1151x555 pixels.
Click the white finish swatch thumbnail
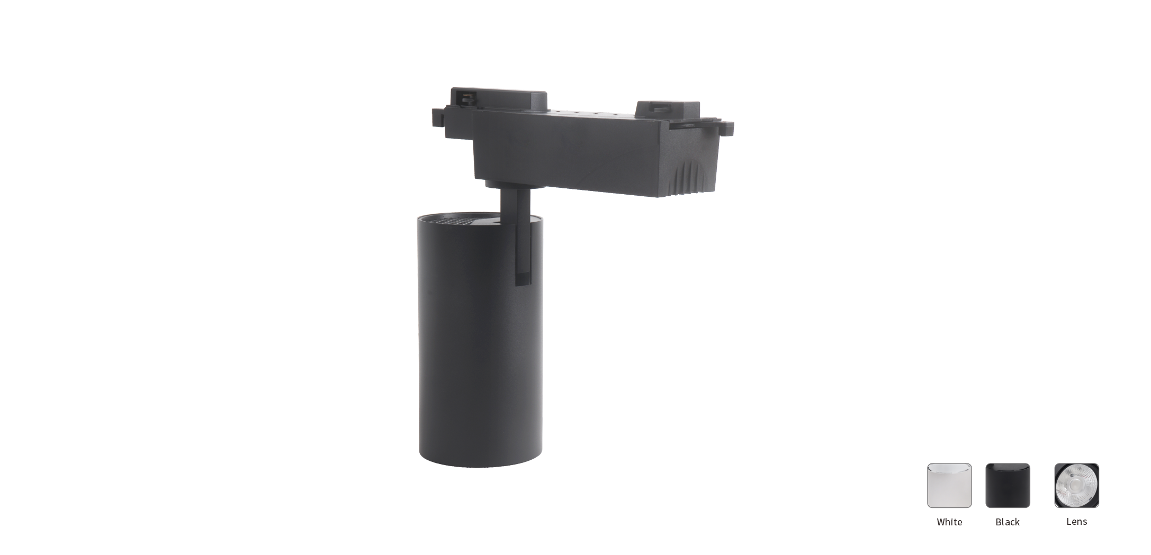[949, 485]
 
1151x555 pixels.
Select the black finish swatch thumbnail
[1008, 485]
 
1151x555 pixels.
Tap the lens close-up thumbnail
[1076, 485]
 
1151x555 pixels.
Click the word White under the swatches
[949, 522]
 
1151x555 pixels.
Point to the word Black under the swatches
[1008, 522]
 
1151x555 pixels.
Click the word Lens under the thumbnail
[1076, 522]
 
